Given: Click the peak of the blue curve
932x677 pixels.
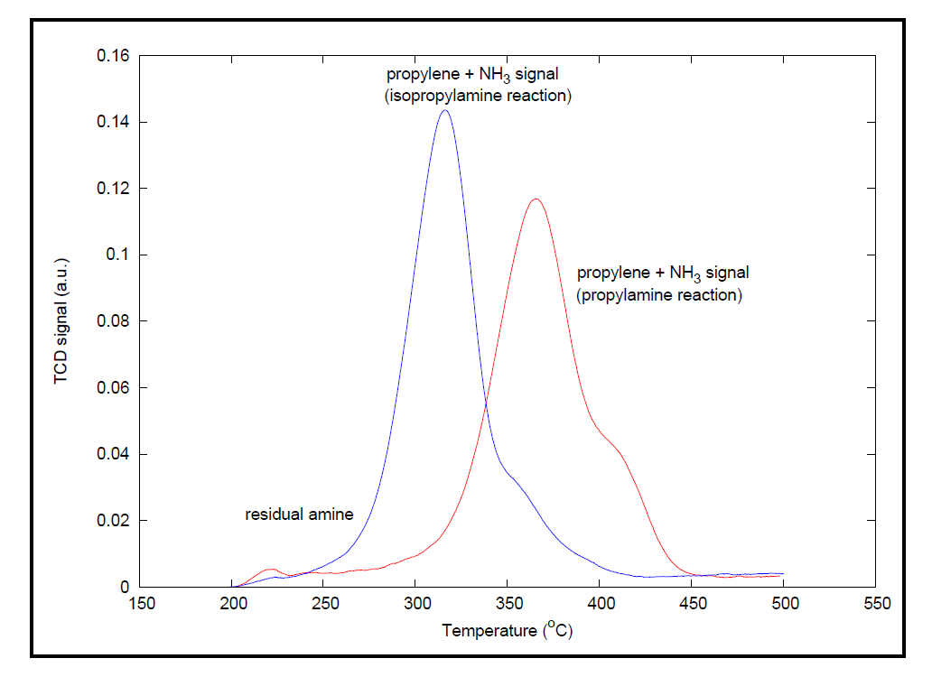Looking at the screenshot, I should click(444, 110).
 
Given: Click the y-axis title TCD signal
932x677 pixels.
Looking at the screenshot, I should click(61, 321).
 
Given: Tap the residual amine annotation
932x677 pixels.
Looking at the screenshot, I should click(299, 515).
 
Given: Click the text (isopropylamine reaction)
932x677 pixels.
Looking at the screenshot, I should click(479, 96).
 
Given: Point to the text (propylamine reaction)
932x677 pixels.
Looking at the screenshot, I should click(659, 295).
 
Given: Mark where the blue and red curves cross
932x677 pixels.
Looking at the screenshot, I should click(486, 403).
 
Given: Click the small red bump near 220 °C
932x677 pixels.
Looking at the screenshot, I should click(271, 570).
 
